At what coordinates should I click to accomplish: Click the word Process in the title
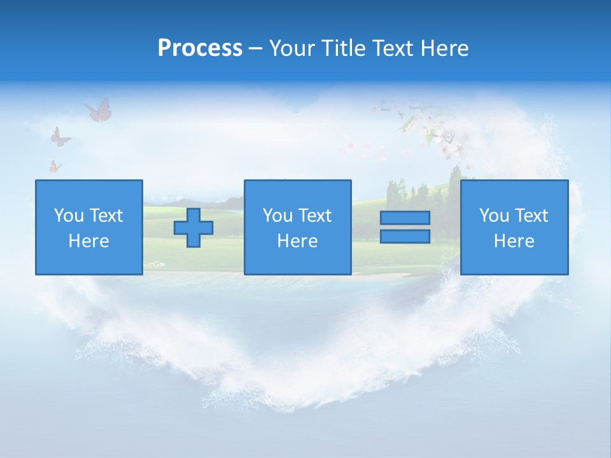click(200, 48)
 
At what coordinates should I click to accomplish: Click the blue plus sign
click(193, 228)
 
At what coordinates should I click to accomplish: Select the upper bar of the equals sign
click(405, 218)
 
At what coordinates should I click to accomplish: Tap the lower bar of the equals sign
click(405, 237)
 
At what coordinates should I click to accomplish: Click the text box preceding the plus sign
click(88, 227)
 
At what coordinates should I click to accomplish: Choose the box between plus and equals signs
click(297, 227)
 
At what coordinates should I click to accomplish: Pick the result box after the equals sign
click(514, 227)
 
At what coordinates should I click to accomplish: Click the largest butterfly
click(99, 110)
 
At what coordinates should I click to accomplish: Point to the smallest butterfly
click(55, 167)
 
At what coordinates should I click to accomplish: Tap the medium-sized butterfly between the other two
click(60, 137)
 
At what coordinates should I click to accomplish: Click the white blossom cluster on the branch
click(439, 134)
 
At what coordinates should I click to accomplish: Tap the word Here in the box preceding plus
click(88, 241)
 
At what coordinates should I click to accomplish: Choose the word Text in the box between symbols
click(316, 216)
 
